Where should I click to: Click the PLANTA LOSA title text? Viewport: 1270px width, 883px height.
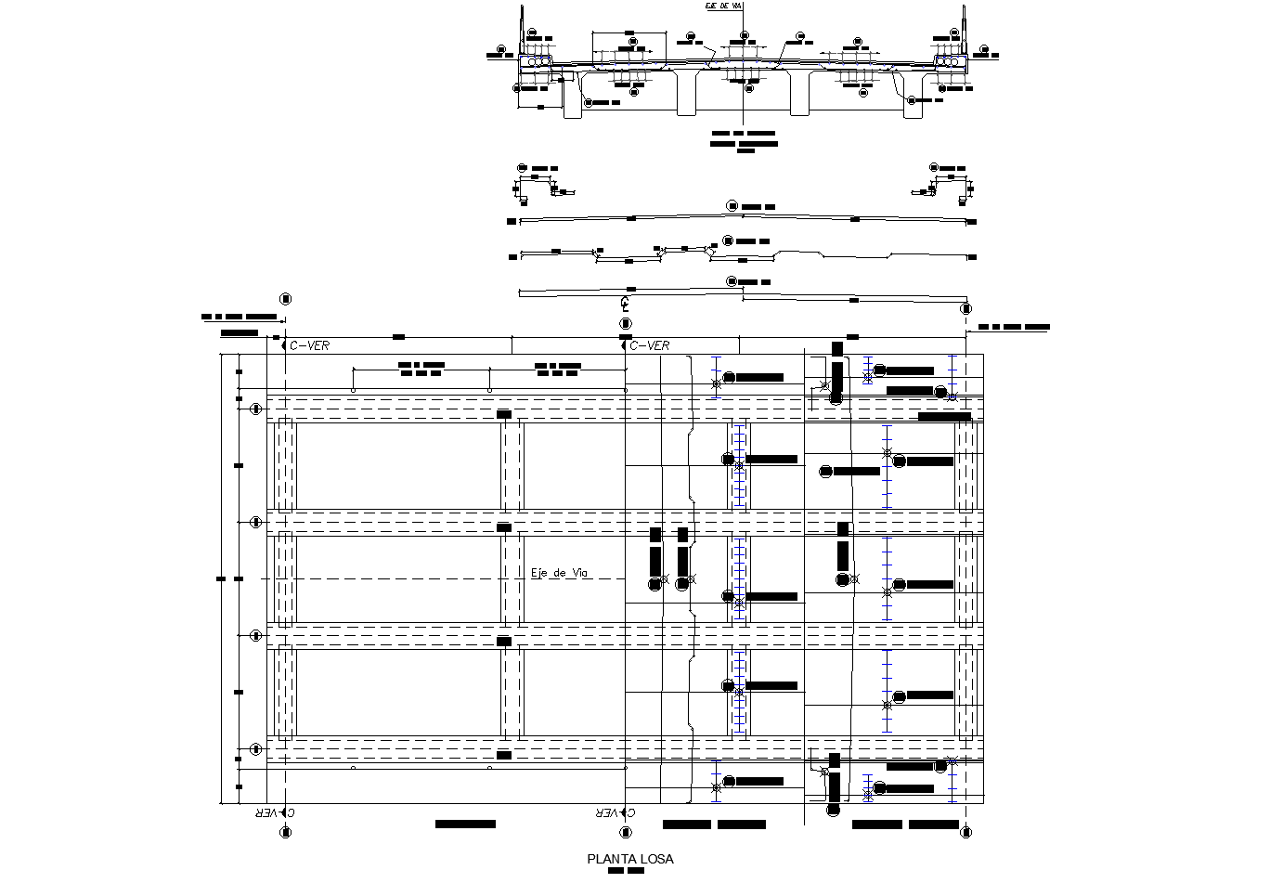point(630,859)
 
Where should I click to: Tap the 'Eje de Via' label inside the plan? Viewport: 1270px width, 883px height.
point(560,573)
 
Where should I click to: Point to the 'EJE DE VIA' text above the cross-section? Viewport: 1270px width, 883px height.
point(724,6)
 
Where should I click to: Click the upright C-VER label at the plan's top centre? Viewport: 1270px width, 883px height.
point(649,346)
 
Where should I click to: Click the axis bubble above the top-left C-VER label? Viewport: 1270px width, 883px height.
point(285,299)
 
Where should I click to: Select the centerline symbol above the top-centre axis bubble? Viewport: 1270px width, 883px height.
point(626,303)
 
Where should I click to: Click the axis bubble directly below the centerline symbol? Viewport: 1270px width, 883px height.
point(626,322)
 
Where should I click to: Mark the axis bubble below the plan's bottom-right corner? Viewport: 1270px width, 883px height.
point(966,831)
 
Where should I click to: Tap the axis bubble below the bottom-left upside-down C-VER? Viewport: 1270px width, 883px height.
point(286,831)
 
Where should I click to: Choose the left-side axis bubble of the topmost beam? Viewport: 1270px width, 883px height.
point(256,409)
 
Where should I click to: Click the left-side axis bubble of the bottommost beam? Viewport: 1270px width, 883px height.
point(256,748)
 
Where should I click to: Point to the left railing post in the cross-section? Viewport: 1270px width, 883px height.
point(522,28)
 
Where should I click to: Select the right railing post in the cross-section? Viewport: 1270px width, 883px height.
point(965,28)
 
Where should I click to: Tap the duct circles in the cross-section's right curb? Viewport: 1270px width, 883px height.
point(949,60)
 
